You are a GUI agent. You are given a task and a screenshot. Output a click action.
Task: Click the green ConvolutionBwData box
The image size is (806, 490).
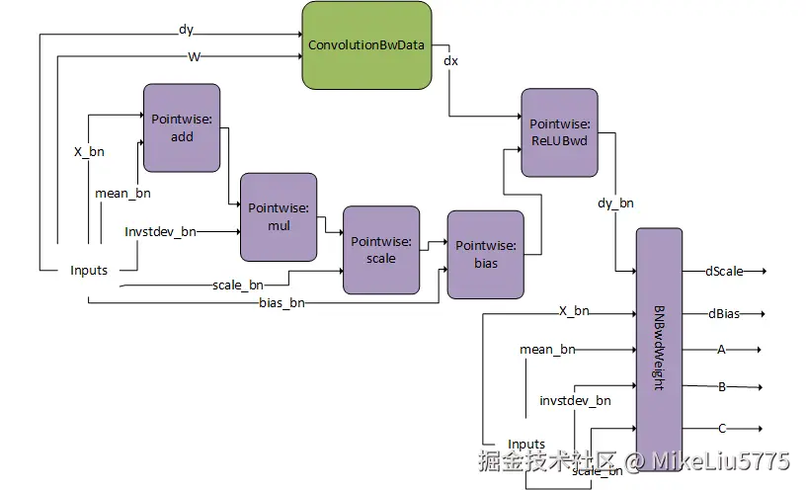366,45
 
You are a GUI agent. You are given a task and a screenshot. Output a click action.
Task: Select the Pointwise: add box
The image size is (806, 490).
182,128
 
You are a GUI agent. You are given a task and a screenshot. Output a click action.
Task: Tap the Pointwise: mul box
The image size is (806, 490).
279,217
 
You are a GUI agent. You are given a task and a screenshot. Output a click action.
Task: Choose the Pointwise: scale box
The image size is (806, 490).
381,250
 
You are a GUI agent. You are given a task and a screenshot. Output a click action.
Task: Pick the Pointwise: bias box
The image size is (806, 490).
486,255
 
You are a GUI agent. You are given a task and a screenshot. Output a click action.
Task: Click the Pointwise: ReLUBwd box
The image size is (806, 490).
559,132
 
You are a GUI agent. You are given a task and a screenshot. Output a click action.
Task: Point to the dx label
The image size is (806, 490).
450,60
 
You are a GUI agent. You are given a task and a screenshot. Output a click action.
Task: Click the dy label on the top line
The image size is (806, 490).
186,30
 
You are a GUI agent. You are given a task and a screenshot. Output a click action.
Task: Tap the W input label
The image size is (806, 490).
194,56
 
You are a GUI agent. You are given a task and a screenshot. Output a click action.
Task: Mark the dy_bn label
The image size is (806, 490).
615,204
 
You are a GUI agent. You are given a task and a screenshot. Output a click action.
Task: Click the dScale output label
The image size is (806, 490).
724,271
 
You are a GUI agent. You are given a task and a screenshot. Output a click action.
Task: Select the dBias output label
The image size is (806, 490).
724,313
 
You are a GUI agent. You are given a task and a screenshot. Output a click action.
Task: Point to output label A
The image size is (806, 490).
721,350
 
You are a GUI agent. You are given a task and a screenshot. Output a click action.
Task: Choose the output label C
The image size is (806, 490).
722,429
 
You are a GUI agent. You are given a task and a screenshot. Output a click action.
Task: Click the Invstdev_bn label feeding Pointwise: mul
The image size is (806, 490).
160,232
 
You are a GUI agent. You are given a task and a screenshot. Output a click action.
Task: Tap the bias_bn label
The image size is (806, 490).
282,303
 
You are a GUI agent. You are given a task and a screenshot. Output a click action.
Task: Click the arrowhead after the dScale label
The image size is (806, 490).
764,271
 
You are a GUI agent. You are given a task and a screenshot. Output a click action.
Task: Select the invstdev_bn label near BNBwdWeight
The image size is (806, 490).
575,400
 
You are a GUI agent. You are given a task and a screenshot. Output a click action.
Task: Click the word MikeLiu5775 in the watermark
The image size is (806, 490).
721,461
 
